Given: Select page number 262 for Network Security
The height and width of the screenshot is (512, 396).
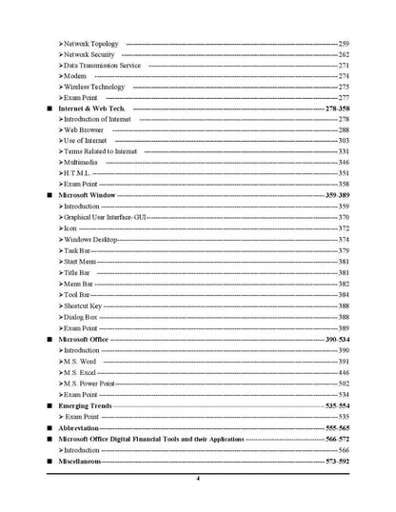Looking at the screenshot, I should point(344,54).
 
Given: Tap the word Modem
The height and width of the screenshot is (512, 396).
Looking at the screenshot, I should point(74,76).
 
